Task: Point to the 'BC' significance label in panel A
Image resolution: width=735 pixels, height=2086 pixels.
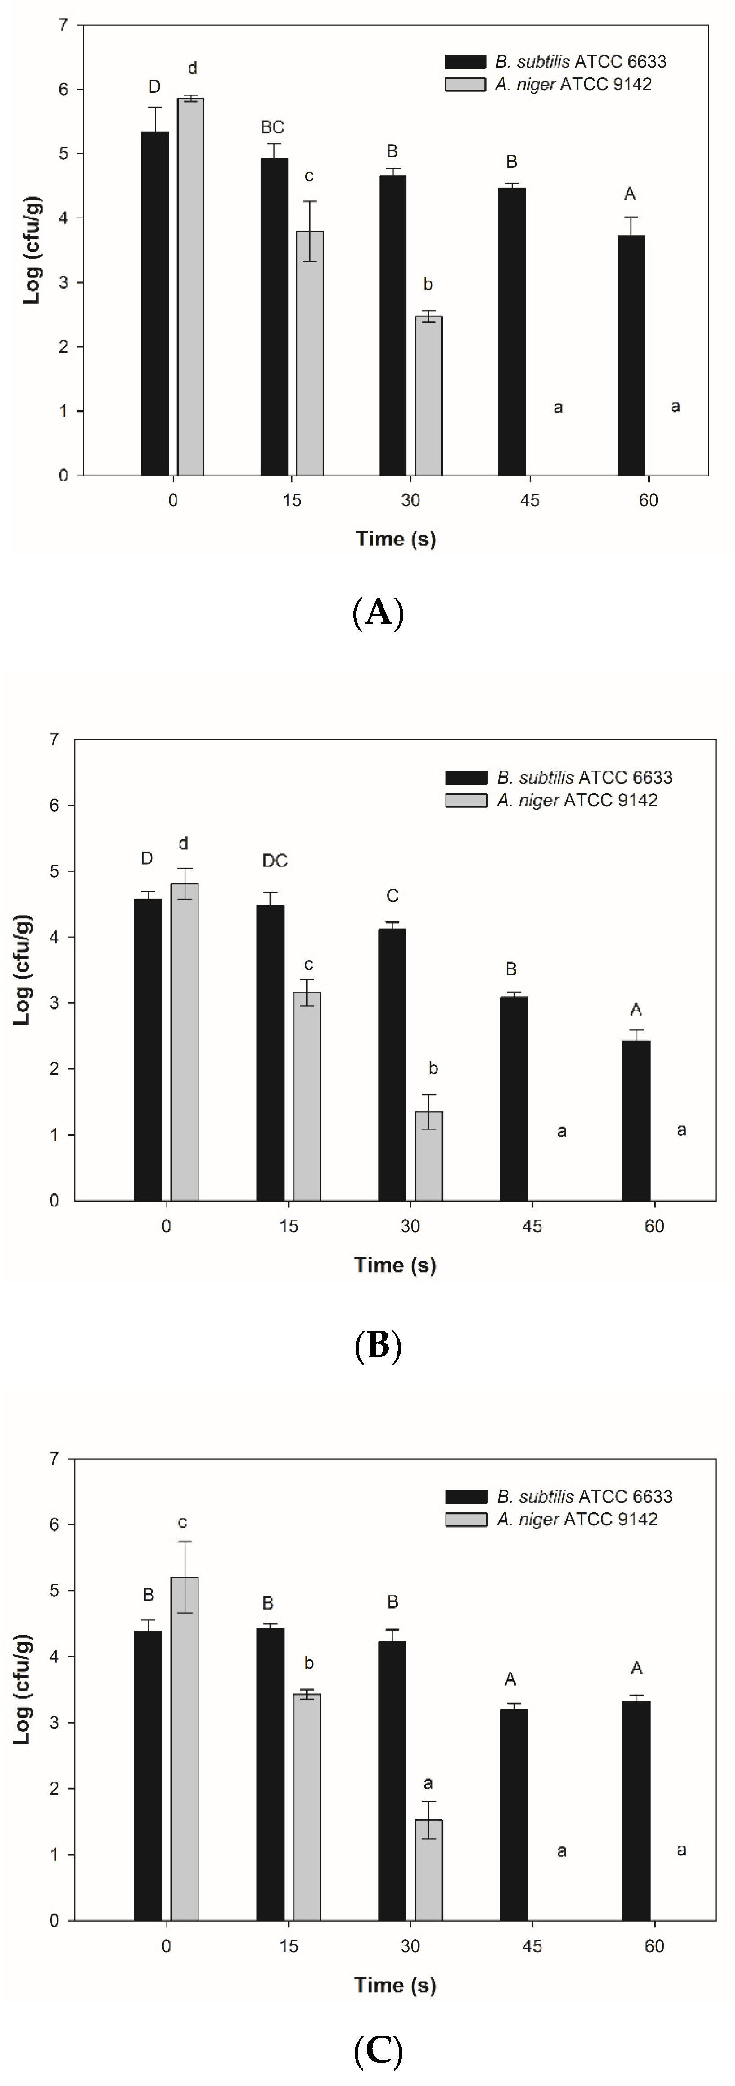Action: [273, 128]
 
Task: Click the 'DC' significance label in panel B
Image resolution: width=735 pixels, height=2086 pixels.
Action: [275, 861]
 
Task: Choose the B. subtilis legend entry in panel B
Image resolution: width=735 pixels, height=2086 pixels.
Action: [559, 777]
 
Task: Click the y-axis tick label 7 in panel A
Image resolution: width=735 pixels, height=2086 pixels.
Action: [63, 25]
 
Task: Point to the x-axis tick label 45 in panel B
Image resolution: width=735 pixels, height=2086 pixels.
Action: [532, 1226]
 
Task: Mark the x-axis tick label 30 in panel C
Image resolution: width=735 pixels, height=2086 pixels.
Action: [410, 1946]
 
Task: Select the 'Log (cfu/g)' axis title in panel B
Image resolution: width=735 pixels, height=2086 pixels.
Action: [22, 969]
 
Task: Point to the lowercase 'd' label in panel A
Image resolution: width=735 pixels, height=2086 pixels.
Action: [193, 68]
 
